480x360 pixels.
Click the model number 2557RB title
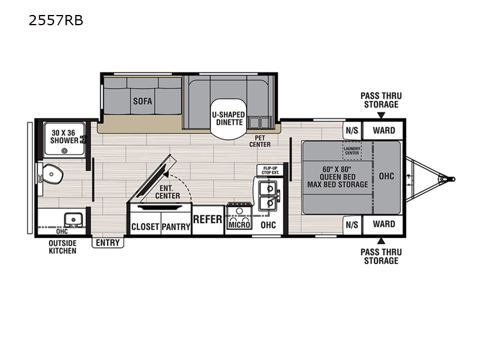[x=56, y=20]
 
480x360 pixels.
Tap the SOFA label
[x=142, y=101]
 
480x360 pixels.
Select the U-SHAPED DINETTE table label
[x=229, y=118]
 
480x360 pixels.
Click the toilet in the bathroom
[x=53, y=174]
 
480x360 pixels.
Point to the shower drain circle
[x=64, y=151]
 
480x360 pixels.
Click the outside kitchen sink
[x=73, y=220]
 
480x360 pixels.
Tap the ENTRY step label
[x=108, y=242]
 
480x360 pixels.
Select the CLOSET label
[x=145, y=227]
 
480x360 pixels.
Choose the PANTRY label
[x=176, y=227]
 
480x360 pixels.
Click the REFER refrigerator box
[x=208, y=220]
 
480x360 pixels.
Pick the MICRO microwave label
[x=239, y=225]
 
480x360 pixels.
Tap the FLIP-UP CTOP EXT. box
[x=271, y=170]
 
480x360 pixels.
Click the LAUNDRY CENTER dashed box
[x=352, y=151]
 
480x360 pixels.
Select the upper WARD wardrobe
[x=383, y=130]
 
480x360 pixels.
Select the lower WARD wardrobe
[x=383, y=224]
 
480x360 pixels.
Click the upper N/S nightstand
[x=352, y=131]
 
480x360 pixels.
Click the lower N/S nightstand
[x=352, y=224]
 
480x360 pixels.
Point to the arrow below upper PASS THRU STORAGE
[x=381, y=115]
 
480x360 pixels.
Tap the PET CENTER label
[x=260, y=141]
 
